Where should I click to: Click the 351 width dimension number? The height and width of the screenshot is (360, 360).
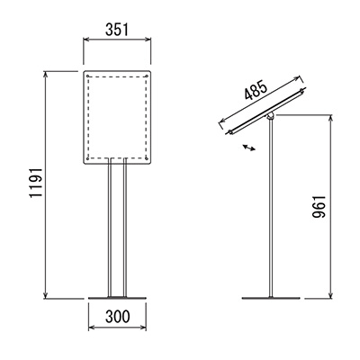click(117, 30)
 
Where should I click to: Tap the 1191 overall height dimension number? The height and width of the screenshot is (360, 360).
click(36, 183)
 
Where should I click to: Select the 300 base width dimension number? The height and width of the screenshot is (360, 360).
click(118, 317)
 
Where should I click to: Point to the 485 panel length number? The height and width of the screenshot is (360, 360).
click(256, 90)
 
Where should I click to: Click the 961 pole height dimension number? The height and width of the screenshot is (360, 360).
click(319, 207)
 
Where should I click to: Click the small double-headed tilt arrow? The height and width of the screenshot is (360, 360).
click(249, 147)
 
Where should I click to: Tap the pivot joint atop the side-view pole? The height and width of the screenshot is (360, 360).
click(271, 116)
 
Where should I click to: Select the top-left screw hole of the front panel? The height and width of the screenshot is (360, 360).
click(87, 76)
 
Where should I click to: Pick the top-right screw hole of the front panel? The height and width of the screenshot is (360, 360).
click(147, 76)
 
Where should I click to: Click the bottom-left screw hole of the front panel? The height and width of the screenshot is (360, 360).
click(87, 158)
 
